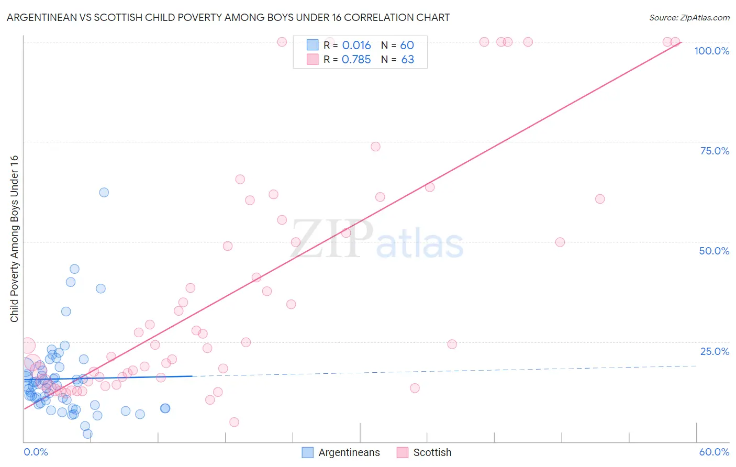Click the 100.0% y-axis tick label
click(x=711, y=51)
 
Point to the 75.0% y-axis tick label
click(x=715, y=151)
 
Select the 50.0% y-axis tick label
click(x=714, y=251)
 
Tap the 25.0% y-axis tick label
click(x=715, y=351)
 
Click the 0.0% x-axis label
click(x=36, y=452)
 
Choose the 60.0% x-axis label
click(x=714, y=452)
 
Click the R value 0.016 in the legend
click(x=356, y=46)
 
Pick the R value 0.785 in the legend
click(x=356, y=60)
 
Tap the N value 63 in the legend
click(x=407, y=60)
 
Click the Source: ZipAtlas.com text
click(x=689, y=18)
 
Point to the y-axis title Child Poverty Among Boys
click(x=14, y=239)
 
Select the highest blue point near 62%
click(x=104, y=193)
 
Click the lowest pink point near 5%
click(x=234, y=422)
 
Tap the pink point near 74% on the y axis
click(x=375, y=147)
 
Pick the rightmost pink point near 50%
click(x=560, y=242)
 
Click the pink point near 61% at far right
click(x=600, y=199)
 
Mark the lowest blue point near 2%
click(x=87, y=433)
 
